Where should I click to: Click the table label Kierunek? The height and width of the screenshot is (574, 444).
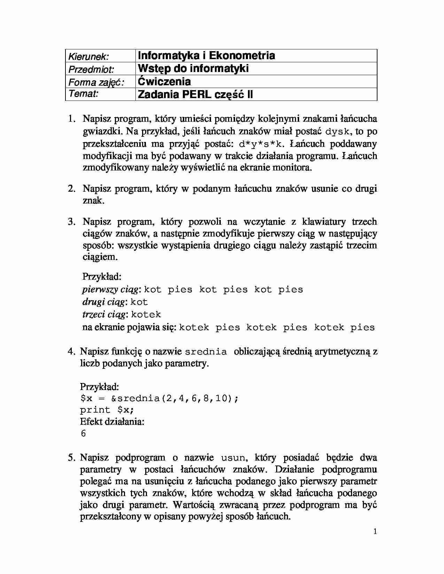[88, 56]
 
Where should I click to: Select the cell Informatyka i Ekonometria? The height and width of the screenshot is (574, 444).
[207, 55]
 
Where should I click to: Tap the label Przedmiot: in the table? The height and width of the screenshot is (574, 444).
[91, 69]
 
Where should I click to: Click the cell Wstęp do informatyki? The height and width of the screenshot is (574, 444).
[193, 68]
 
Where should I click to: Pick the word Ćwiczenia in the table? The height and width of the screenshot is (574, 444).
[164, 81]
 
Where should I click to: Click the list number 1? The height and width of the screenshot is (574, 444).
[71, 119]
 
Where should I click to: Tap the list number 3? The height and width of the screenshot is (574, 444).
[71, 222]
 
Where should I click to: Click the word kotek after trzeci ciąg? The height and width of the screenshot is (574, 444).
[146, 315]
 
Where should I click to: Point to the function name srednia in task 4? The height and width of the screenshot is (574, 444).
[206, 352]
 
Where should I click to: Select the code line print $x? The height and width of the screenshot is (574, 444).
[107, 410]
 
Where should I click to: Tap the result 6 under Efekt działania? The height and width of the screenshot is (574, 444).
[83, 434]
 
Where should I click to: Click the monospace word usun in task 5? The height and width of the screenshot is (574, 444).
[234, 458]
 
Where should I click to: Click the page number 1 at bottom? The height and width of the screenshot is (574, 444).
[375, 531]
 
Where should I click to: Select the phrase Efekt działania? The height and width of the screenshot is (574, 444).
[112, 422]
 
